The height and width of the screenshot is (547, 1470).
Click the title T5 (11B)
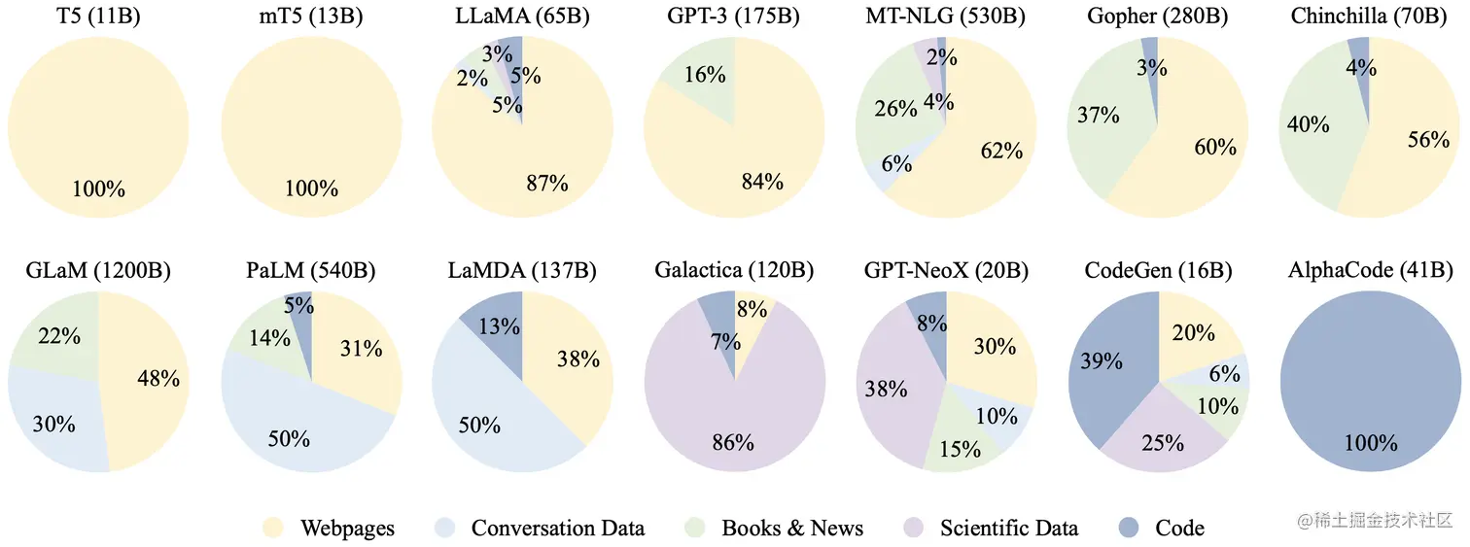pyautogui.click(x=98, y=17)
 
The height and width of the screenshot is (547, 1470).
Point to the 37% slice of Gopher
pyautogui.click(x=1099, y=116)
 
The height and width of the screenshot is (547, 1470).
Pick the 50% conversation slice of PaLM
pyautogui.click(x=288, y=437)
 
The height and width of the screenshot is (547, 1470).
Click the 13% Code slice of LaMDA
pyautogui.click(x=498, y=326)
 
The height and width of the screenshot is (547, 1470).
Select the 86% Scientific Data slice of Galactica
pyautogui.click(x=732, y=442)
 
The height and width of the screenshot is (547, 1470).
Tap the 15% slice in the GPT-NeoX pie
pyautogui.click(x=960, y=449)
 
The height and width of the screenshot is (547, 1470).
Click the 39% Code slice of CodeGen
pyautogui.click(x=1101, y=361)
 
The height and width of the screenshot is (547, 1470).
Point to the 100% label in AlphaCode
pyautogui.click(x=1370, y=444)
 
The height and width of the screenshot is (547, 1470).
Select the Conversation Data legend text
pyautogui.click(x=557, y=528)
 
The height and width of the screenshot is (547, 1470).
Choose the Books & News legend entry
pyautogui.click(x=791, y=528)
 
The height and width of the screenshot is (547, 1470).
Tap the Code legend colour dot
pyautogui.click(x=1130, y=528)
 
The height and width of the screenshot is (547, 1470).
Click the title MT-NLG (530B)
pyautogui.click(x=945, y=17)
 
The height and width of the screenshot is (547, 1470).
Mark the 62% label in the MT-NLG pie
pyautogui.click(x=1002, y=151)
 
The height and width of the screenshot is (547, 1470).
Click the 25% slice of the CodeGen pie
pyautogui.click(x=1163, y=443)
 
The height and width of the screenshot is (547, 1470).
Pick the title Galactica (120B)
pyautogui.click(x=734, y=270)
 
